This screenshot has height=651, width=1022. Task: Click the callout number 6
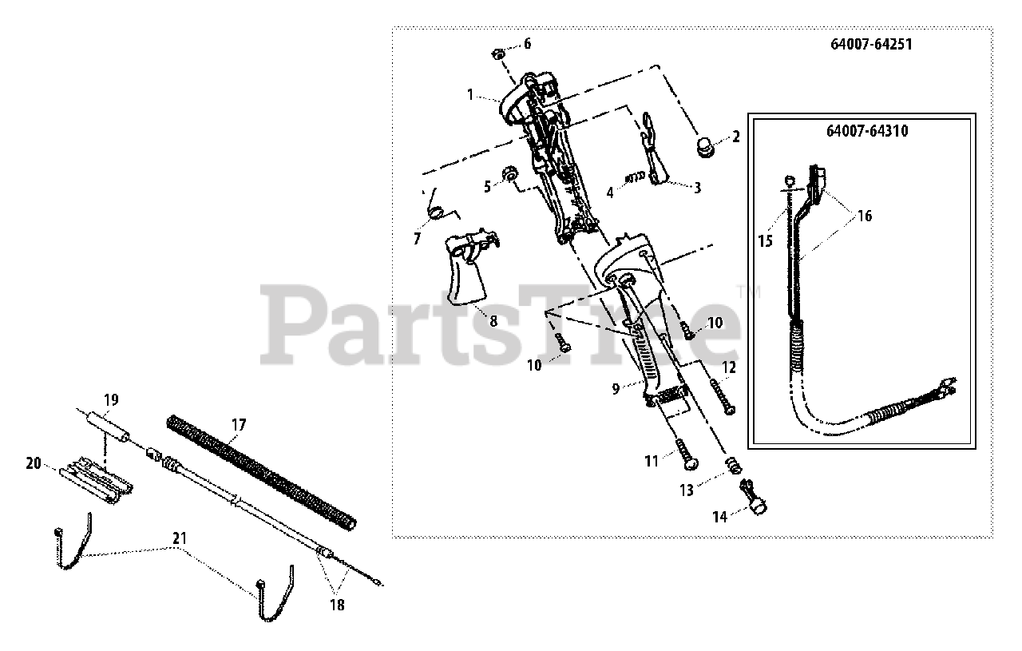tap(526, 44)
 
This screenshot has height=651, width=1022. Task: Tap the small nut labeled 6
tap(496, 54)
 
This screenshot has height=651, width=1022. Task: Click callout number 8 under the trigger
tap(493, 321)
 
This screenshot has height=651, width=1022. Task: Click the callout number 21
tap(180, 538)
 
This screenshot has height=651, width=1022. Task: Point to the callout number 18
tap(338, 605)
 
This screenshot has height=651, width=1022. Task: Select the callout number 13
tap(687, 490)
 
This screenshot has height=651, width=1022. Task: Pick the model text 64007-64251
tap(869, 45)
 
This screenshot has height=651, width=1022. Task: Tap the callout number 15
tap(765, 239)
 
